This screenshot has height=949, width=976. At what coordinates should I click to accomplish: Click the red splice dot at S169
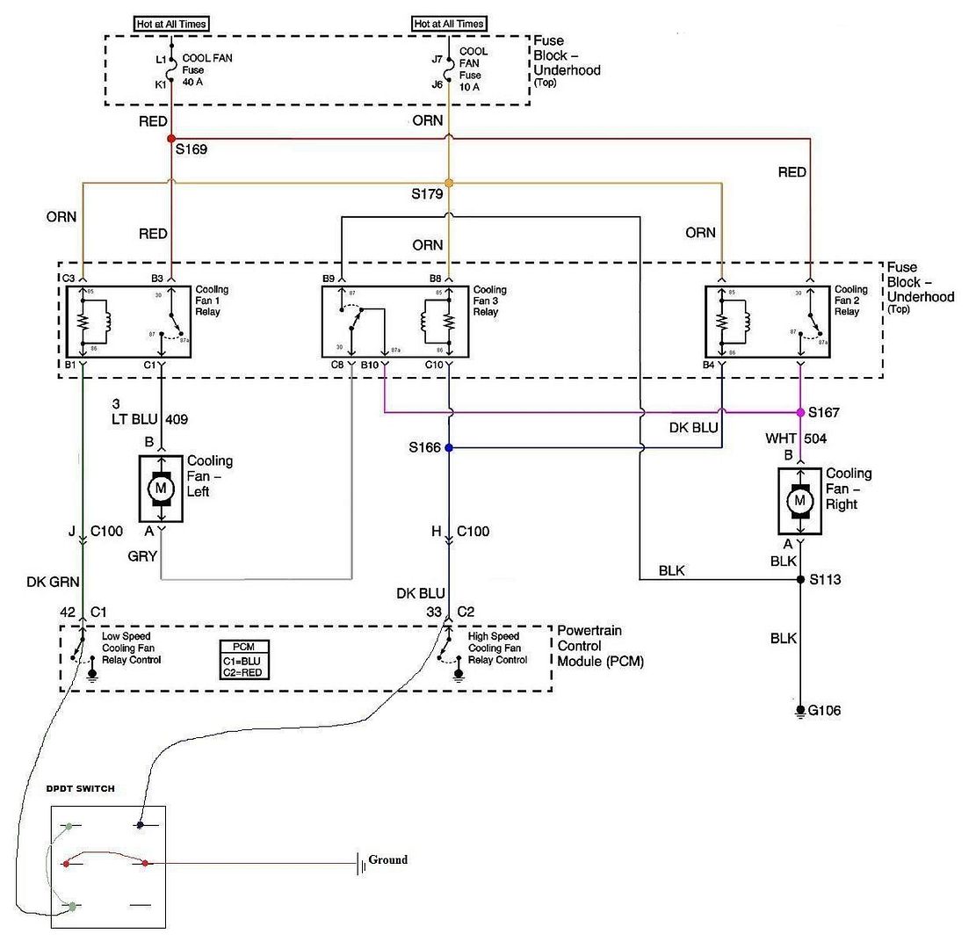170,139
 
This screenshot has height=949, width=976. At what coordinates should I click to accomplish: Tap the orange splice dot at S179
449,183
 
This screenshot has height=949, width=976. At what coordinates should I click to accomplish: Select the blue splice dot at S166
449,447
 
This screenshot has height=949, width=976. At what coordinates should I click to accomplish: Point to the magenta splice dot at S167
800,412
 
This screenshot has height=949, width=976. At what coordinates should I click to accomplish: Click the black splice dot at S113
800,580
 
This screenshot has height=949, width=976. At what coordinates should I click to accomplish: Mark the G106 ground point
800,710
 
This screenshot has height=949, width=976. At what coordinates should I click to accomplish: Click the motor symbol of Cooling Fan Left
161,488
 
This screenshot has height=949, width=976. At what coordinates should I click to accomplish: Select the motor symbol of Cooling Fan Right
799,501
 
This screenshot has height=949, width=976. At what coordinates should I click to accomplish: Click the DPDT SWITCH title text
80,789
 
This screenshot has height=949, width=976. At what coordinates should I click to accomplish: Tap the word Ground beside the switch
387,860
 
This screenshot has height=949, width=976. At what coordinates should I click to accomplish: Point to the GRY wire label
142,556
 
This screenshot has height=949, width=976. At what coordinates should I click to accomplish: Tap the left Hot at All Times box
171,24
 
